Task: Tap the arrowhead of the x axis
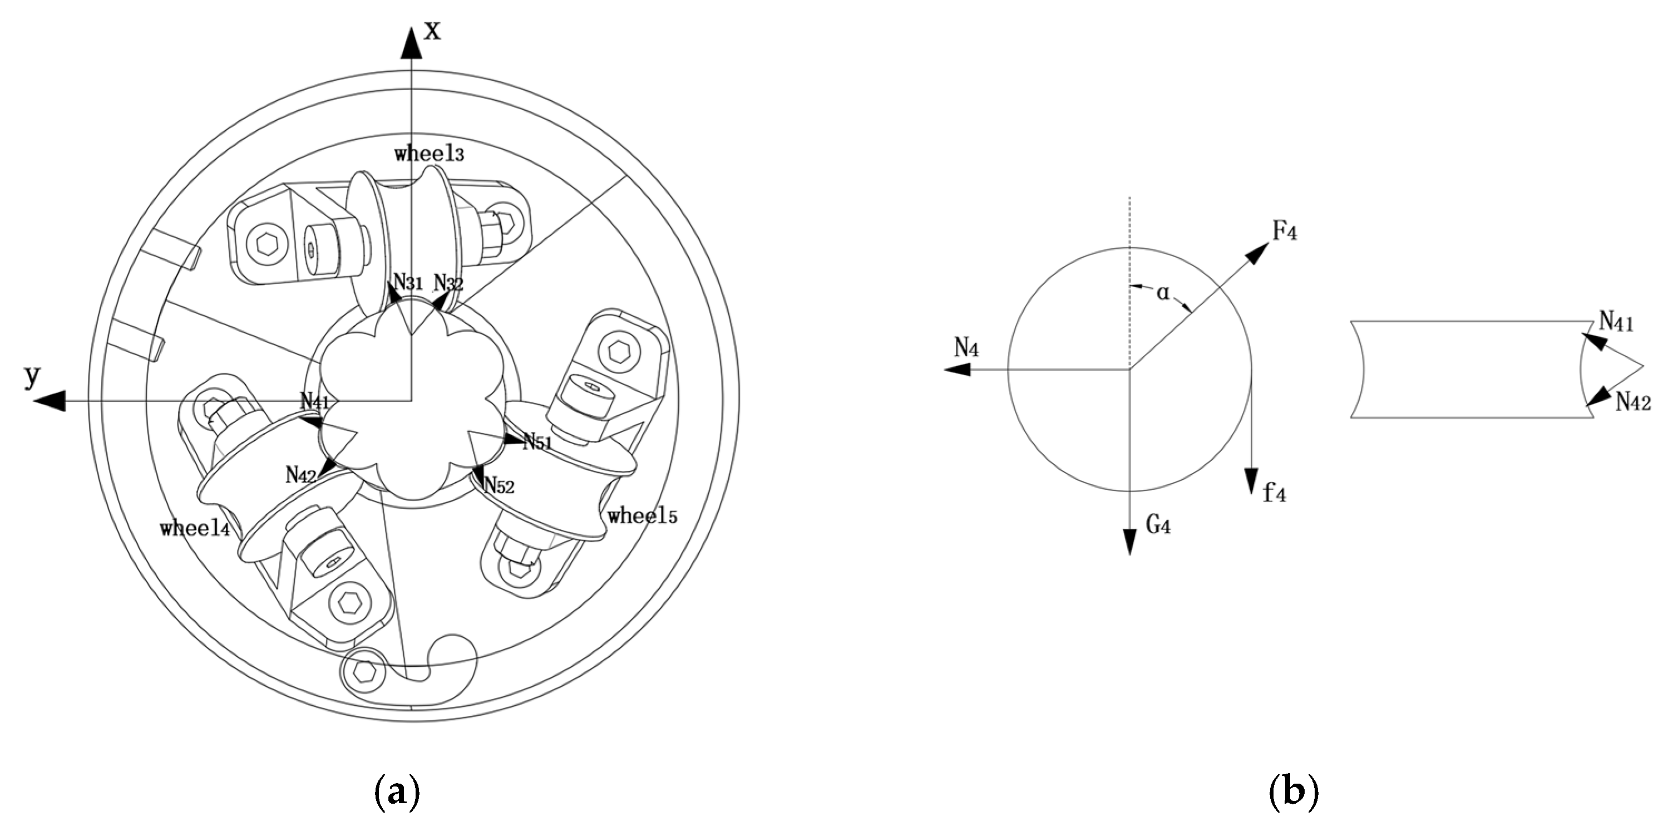[x=411, y=43]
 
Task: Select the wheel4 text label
[x=195, y=528]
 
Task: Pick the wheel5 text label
[x=642, y=516]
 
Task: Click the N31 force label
[x=408, y=282]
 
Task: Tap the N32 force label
[x=448, y=283]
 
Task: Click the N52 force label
[x=499, y=485]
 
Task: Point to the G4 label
[x=1158, y=525]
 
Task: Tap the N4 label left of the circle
[x=966, y=349]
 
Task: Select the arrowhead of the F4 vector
[x=1258, y=253]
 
